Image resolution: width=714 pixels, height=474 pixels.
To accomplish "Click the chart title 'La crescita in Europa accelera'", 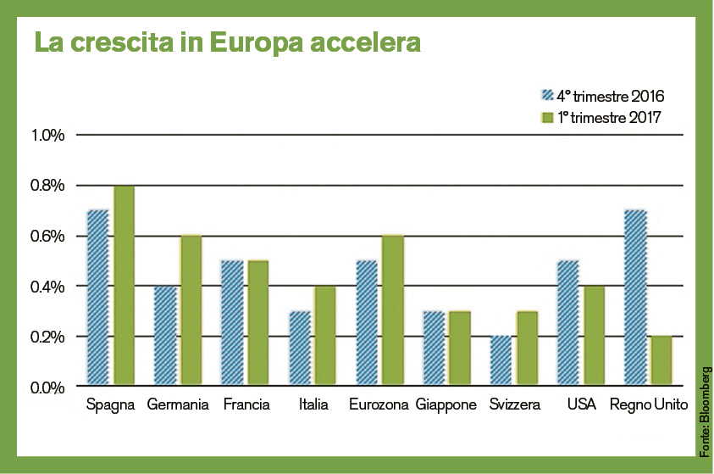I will point(227,42).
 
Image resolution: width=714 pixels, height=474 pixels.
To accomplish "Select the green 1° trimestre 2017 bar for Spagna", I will point(125,286).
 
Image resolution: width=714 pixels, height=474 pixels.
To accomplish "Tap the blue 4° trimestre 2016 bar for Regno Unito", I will point(635,298).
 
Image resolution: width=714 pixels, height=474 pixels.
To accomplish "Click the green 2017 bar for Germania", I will point(191,311).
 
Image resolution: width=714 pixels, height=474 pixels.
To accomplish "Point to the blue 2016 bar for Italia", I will point(300,349).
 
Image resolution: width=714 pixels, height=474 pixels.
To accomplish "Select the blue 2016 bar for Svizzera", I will point(501,361).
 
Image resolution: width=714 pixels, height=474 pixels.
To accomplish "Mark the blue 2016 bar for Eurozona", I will point(367,323).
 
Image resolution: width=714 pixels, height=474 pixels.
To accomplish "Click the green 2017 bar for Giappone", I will point(459,349).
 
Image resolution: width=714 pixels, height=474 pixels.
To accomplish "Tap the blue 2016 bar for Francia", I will point(232,323).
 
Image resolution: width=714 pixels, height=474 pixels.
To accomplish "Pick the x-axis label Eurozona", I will point(379,405).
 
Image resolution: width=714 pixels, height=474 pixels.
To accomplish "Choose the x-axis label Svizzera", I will point(514,405).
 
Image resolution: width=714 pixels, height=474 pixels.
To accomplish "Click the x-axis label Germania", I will point(178,405).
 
